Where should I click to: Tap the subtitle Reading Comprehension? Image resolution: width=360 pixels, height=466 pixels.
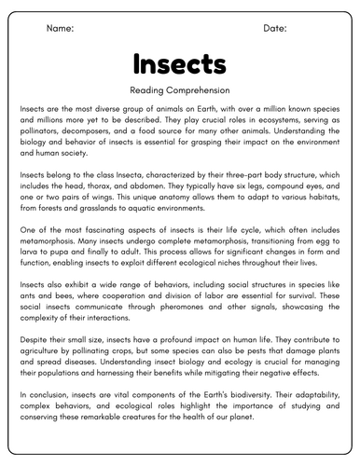179,90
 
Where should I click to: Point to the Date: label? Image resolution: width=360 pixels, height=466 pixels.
275,29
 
